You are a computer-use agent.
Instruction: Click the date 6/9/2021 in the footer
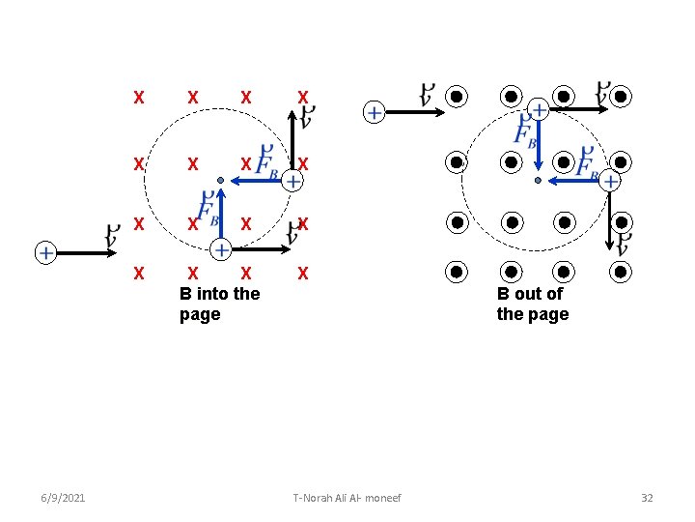tap(63, 498)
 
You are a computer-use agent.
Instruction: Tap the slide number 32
tap(647, 498)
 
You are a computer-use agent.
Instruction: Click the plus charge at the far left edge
tap(44, 253)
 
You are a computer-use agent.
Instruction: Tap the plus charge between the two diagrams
tap(373, 113)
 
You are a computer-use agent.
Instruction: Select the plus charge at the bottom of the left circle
tap(220, 250)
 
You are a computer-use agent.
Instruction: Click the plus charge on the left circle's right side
tap(292, 181)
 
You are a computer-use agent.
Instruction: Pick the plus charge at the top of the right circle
tap(538, 110)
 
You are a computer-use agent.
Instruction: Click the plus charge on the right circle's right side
tap(610, 181)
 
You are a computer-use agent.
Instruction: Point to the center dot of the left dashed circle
tap(220, 181)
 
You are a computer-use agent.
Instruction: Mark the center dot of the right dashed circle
tap(538, 181)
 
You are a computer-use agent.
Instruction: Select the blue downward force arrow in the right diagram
tap(538, 145)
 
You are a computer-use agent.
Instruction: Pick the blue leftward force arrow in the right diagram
tap(573, 181)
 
